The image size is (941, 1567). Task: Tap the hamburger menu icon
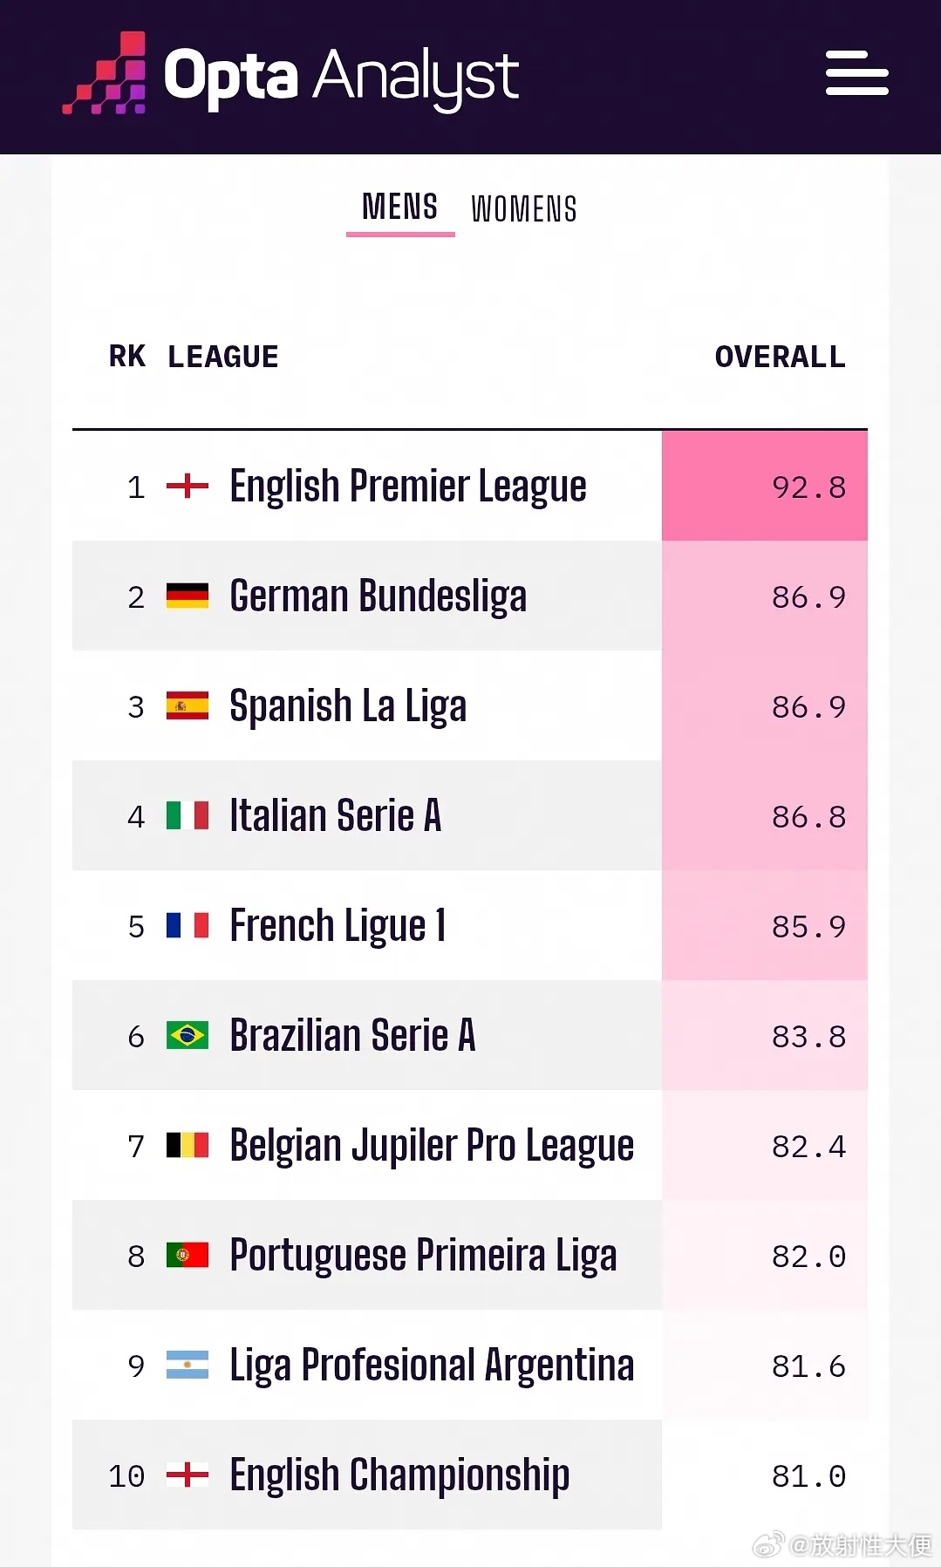[x=857, y=72]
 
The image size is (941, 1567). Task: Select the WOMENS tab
[x=524, y=209]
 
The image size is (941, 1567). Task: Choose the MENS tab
[x=400, y=208]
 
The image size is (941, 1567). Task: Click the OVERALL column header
[x=781, y=357]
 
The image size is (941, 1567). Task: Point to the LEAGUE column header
[x=223, y=357]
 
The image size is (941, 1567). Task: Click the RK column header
[x=127, y=357]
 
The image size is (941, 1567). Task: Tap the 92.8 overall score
[x=809, y=487]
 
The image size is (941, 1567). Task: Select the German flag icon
[x=188, y=596]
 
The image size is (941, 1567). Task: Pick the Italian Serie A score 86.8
[x=809, y=817]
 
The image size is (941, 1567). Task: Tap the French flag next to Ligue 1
[x=188, y=925]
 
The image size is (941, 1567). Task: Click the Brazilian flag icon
[x=188, y=1035]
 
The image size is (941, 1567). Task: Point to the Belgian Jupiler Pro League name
[x=432, y=1147]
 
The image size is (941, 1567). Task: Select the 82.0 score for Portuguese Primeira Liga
[x=809, y=1257]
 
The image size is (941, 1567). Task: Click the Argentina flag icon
[x=188, y=1365]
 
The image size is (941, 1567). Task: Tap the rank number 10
[x=126, y=1476]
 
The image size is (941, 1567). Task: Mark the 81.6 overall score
[x=809, y=1366]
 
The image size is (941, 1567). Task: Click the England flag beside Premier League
[x=188, y=486]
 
